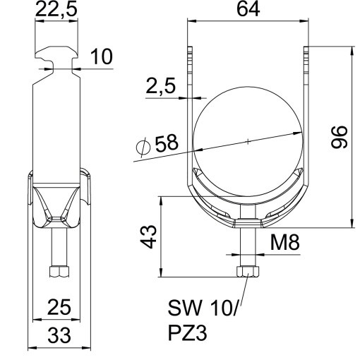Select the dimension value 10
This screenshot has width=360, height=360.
(100, 58)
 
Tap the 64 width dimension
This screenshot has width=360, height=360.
(247, 11)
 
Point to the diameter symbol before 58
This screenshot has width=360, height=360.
(142, 147)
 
